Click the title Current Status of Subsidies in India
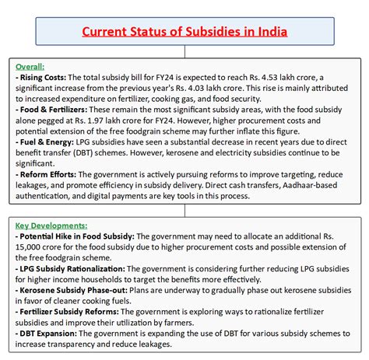(184, 32)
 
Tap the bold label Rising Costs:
(43, 79)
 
